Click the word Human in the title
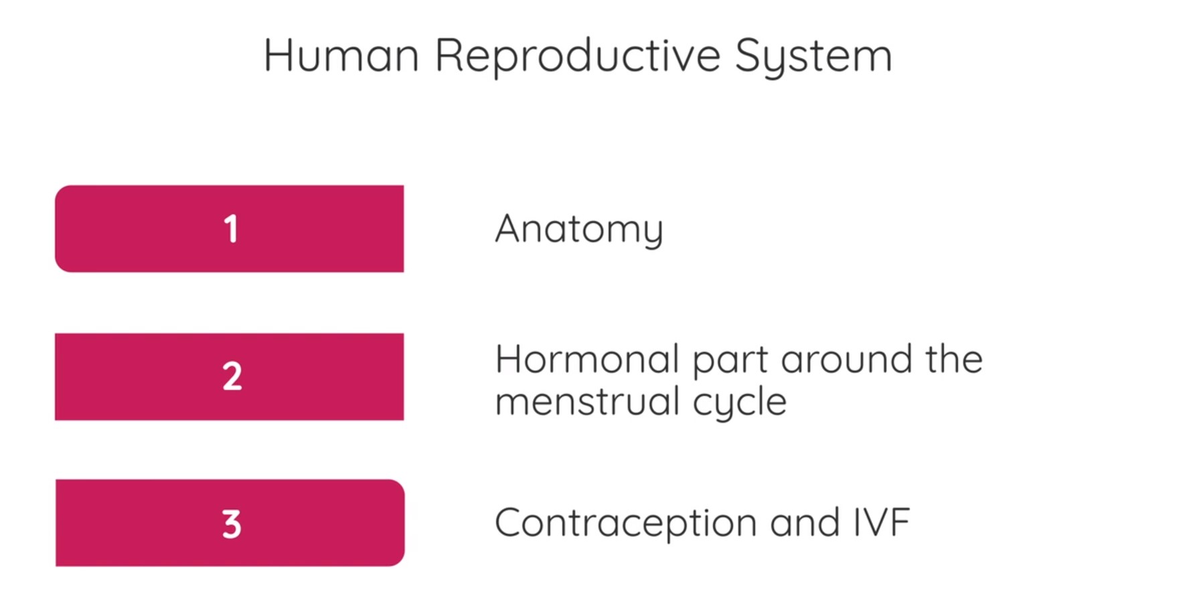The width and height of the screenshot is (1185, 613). tap(341, 55)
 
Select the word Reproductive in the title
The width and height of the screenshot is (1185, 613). tap(577, 56)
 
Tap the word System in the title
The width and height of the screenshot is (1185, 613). tap(813, 56)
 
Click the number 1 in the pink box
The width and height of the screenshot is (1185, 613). tap(231, 229)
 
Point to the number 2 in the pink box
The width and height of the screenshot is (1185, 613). tap(232, 377)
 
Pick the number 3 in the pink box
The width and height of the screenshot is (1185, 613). tap(232, 524)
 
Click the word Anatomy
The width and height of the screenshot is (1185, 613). tap(579, 229)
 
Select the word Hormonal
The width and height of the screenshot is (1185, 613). tap(587, 359)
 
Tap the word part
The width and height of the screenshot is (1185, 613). tap(730, 360)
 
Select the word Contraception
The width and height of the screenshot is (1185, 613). tap(626, 523)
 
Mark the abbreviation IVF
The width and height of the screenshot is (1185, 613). tap(882, 523)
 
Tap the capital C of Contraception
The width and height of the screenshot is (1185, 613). tap(508, 523)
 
